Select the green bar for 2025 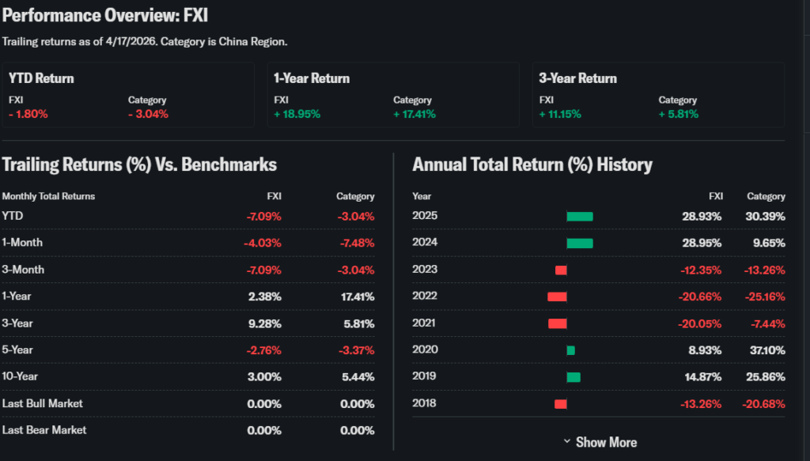[x=579, y=217]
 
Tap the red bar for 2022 [x=557, y=297]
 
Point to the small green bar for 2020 [x=570, y=350]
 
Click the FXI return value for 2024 [x=702, y=244]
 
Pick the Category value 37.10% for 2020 [x=765, y=350]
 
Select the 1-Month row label [x=22, y=243]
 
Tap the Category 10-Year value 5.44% [x=358, y=377]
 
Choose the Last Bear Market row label [x=44, y=430]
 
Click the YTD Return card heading [x=41, y=78]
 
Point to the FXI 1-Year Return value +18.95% [x=297, y=114]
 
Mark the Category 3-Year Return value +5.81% [x=678, y=114]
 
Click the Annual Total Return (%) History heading [x=532, y=164]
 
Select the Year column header [x=422, y=196]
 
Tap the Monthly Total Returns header [x=48, y=196]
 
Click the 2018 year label [x=425, y=403]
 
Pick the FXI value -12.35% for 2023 [x=702, y=270]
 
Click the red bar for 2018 [x=560, y=404]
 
